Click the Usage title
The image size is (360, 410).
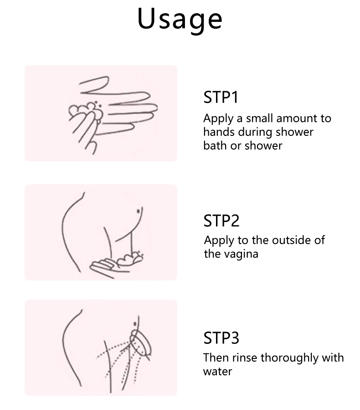pyautogui.click(x=180, y=20)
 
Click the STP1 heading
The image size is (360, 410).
pyautogui.click(x=221, y=97)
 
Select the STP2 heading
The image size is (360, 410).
pyautogui.click(x=221, y=221)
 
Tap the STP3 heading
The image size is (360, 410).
pyautogui.click(x=221, y=337)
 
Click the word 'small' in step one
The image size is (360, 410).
pyautogui.click(x=260, y=118)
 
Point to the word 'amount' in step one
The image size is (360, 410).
pyautogui.click(x=297, y=119)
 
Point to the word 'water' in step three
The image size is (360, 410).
pyautogui.click(x=217, y=372)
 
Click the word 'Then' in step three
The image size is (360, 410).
pyautogui.click(x=216, y=358)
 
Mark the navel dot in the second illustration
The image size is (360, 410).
pyautogui.click(x=139, y=211)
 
